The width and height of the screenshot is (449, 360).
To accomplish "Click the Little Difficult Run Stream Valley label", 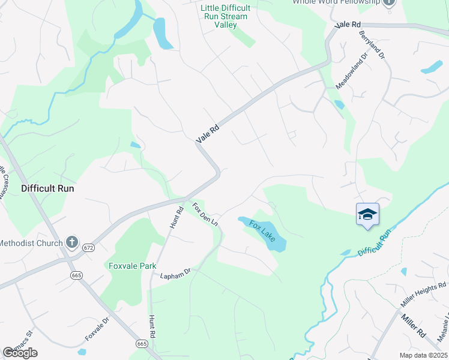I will point(223,16).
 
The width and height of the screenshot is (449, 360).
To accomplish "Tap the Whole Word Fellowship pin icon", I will point(390,3).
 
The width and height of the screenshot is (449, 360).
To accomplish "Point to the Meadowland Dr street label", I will point(351,71).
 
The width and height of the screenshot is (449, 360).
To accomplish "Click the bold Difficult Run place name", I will point(47,188).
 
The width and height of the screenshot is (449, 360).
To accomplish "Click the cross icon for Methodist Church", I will point(71,243).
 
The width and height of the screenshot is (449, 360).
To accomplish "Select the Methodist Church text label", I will point(31,243).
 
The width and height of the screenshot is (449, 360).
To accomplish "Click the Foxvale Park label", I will point(132,266).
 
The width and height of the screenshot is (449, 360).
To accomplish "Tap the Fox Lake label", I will point(262,231).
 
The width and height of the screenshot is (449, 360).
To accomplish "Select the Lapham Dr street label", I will point(175,274).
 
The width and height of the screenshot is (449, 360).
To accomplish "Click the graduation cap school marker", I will point(367,214).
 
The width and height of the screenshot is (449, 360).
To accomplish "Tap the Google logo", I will point(20,353).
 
